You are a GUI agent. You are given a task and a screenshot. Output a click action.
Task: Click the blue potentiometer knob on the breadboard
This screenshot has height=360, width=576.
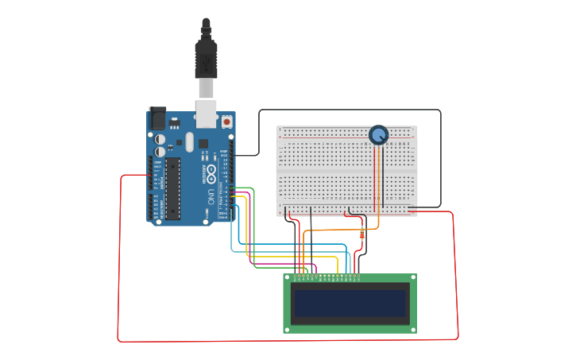379,135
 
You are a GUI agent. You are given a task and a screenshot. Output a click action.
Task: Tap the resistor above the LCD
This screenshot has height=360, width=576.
363,234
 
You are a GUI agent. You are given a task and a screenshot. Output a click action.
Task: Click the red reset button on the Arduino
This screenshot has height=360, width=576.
226,122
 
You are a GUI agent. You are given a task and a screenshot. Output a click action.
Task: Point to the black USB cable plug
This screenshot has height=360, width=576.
206,56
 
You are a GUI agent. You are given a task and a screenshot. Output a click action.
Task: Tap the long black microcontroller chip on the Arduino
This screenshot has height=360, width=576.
172,188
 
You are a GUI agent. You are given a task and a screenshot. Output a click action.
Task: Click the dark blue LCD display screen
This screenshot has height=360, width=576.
350,303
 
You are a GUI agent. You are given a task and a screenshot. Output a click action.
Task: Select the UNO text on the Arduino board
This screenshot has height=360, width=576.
211,195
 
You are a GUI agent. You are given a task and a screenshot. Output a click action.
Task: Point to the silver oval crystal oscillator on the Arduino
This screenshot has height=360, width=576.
190,142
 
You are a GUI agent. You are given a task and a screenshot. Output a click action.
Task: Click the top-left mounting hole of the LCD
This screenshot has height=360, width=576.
288,278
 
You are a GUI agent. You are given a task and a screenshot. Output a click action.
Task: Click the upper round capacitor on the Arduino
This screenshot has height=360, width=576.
160,138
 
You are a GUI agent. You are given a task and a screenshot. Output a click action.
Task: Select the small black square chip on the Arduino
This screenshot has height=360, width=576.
203,144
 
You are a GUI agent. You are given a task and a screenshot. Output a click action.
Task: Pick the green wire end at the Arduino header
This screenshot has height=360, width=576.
231,188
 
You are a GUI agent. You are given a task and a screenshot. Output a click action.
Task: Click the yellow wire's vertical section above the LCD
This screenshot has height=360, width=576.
338,265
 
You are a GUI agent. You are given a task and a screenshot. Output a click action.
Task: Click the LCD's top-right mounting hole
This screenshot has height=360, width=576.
412,278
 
